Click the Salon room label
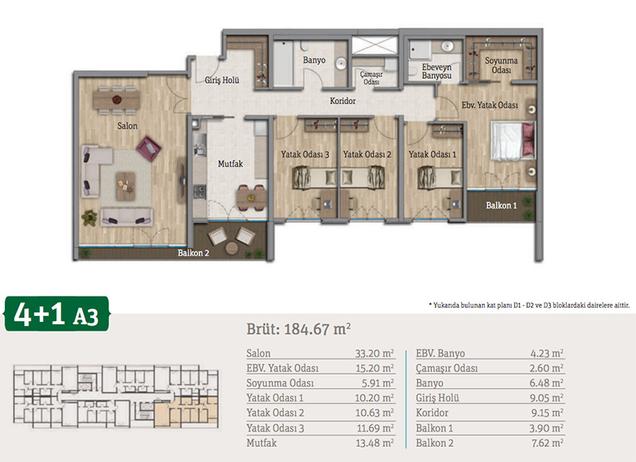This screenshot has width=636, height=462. [x=127, y=126]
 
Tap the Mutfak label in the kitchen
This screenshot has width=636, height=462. [x=231, y=164]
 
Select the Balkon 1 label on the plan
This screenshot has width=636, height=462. [x=502, y=205]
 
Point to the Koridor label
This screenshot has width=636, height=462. [x=343, y=101]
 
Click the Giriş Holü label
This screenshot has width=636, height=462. [x=222, y=80]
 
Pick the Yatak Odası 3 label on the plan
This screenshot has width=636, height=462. [x=305, y=154]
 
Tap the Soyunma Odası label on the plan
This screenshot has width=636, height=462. [x=502, y=65]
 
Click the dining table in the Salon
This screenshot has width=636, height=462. [x=117, y=99]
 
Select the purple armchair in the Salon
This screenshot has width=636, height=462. [x=149, y=149]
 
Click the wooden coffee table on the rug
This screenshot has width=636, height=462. [x=126, y=186]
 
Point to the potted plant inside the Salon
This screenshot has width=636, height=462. [x=89, y=217]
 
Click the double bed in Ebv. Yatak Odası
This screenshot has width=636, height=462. [x=513, y=140]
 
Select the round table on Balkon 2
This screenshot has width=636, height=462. [x=231, y=248]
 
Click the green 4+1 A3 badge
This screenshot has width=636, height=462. [x=56, y=313]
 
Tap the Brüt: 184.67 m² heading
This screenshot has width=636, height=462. [x=299, y=329]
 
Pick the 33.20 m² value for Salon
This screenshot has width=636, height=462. [x=374, y=353]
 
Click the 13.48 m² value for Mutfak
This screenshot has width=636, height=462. [x=374, y=443]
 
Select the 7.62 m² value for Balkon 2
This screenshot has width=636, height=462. [x=547, y=443]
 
